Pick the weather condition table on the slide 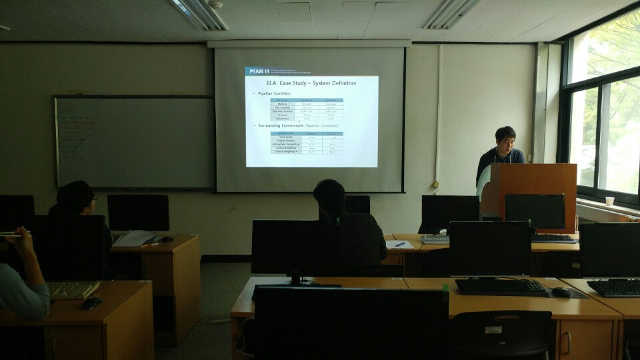pyautogui.click(x=307, y=142)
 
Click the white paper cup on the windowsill pyautogui.click(x=609, y=201)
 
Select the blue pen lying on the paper pyautogui.click(x=399, y=245)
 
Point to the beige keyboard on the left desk pyautogui.click(x=71, y=289)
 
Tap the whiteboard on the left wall pyautogui.click(x=133, y=142)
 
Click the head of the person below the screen pyautogui.click(x=329, y=197)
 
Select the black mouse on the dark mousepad pyautogui.click(x=561, y=292)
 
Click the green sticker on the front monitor pyautogui.click(x=445, y=288)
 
